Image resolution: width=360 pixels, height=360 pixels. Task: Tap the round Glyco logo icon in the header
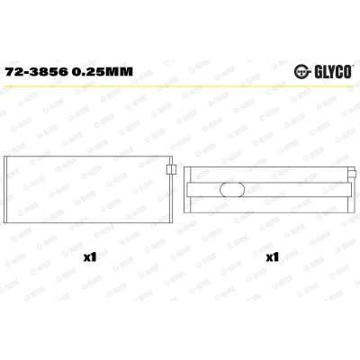[301, 71]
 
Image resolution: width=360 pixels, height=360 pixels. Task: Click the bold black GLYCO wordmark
[332, 72]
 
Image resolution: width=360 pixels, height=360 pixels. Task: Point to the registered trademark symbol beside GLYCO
[353, 66]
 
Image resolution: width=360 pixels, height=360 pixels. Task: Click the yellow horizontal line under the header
[180, 86]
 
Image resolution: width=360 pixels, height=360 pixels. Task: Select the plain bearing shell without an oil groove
[88, 190]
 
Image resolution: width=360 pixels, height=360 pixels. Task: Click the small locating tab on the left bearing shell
[171, 169]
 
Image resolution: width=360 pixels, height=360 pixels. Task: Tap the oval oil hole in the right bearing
[232, 190]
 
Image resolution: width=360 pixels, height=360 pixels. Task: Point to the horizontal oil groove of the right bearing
[269, 190]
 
